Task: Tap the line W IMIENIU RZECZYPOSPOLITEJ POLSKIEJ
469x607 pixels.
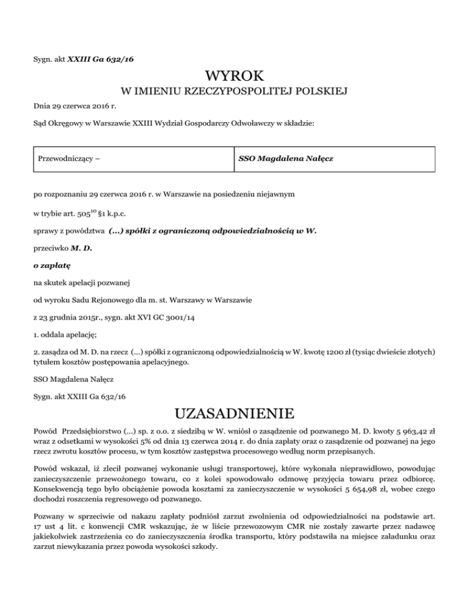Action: tap(234, 93)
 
